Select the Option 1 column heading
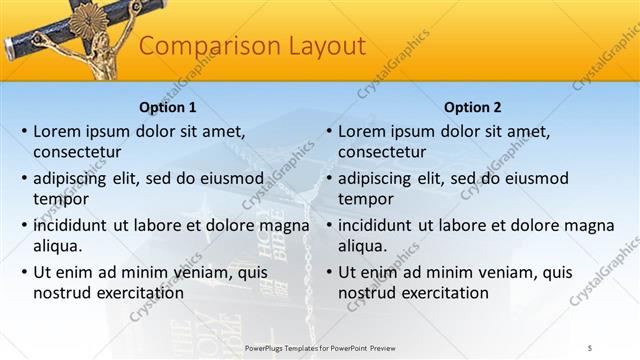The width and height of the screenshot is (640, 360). point(166,107)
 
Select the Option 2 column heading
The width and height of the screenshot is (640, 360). point(472,107)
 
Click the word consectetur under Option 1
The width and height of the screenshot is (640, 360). point(78,153)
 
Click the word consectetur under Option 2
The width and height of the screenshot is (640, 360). point(383,153)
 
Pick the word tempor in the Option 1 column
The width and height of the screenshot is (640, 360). point(59,199)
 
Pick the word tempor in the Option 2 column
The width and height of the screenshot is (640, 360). point(364,199)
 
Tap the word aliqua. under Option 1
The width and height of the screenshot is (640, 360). point(57,246)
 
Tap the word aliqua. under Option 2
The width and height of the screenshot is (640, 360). point(362,246)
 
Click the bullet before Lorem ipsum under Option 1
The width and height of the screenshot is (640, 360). point(22,131)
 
